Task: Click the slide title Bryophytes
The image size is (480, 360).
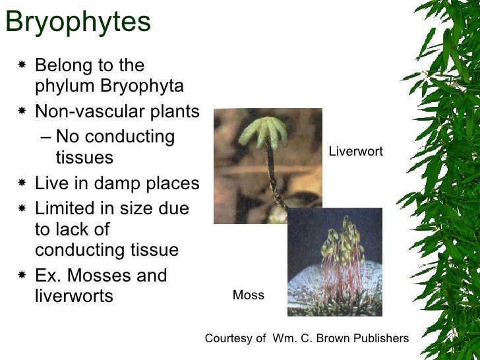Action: coord(78,22)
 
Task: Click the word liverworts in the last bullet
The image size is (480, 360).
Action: coord(74,296)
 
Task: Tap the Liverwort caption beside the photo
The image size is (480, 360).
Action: coord(355,152)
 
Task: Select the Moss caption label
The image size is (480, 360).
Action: coord(248,295)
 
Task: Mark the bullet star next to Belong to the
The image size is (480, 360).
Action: coord(22,65)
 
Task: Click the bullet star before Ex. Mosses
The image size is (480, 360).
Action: coord(22,275)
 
